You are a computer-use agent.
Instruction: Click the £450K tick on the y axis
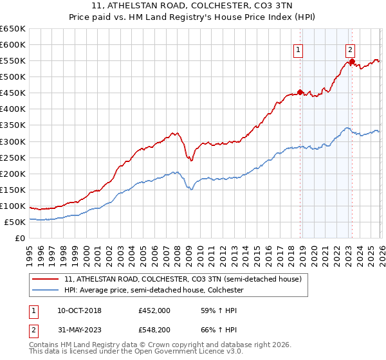(x=13, y=93)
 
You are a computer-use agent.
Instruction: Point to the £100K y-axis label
(x=13, y=206)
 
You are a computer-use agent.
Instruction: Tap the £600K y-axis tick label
(x=13, y=44)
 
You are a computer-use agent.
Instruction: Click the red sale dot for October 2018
(x=300, y=92)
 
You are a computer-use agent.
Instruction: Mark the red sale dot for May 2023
(x=353, y=61)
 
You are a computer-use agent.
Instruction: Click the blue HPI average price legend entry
(x=154, y=291)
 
